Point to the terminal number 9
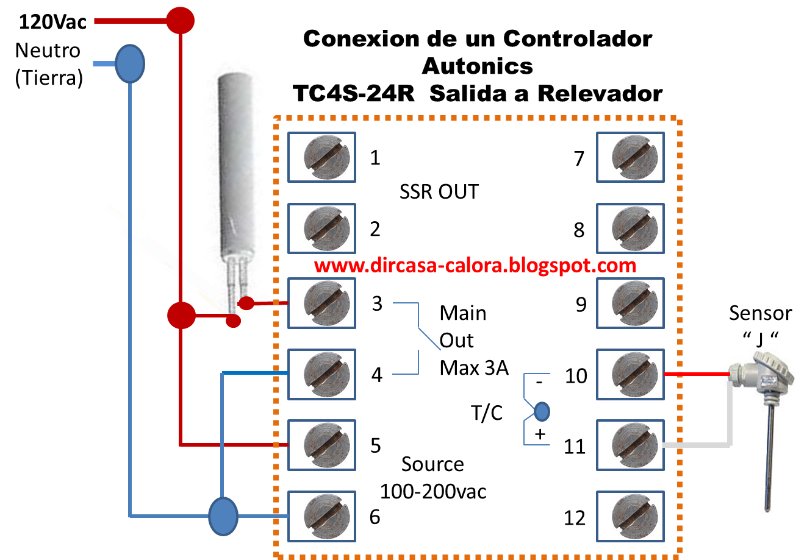[581, 304]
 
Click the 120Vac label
[52, 23]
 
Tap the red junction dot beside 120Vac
[181, 20]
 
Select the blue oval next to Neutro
[130, 63]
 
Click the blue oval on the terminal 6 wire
[223, 516]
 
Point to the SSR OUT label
[439, 192]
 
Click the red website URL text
[476, 266]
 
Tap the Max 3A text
[474, 367]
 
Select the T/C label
[487, 413]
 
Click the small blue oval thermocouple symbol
[541, 412]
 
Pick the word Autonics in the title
[477, 66]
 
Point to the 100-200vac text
[433, 491]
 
